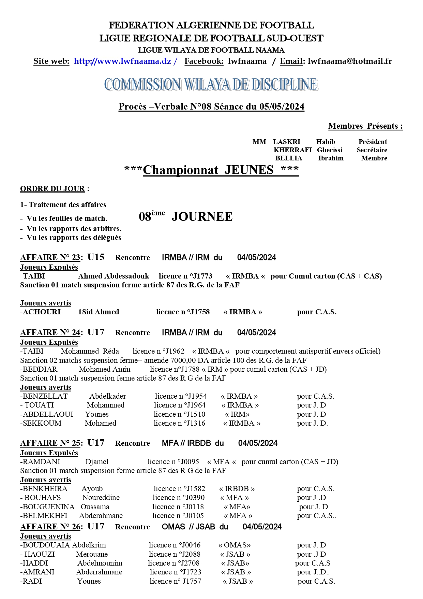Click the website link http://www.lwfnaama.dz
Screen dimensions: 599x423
tap(123, 61)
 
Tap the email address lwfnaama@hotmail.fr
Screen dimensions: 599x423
tap(349, 61)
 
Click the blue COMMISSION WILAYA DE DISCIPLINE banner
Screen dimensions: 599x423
tap(211, 85)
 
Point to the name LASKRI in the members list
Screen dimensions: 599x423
tap(286, 142)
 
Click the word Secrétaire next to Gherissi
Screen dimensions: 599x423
tap(372, 150)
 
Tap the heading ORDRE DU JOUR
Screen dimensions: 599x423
tap(52, 189)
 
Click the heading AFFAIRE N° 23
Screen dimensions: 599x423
tap(50, 258)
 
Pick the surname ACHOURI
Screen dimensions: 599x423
tap(42, 312)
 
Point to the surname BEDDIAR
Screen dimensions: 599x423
tap(40, 369)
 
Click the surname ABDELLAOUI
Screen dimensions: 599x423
tap(48, 414)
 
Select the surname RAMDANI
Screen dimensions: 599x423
tap(41, 462)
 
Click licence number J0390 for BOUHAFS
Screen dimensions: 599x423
tap(193, 498)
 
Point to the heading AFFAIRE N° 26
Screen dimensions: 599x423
tap(50, 527)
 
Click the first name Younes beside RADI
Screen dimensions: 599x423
tap(89, 581)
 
